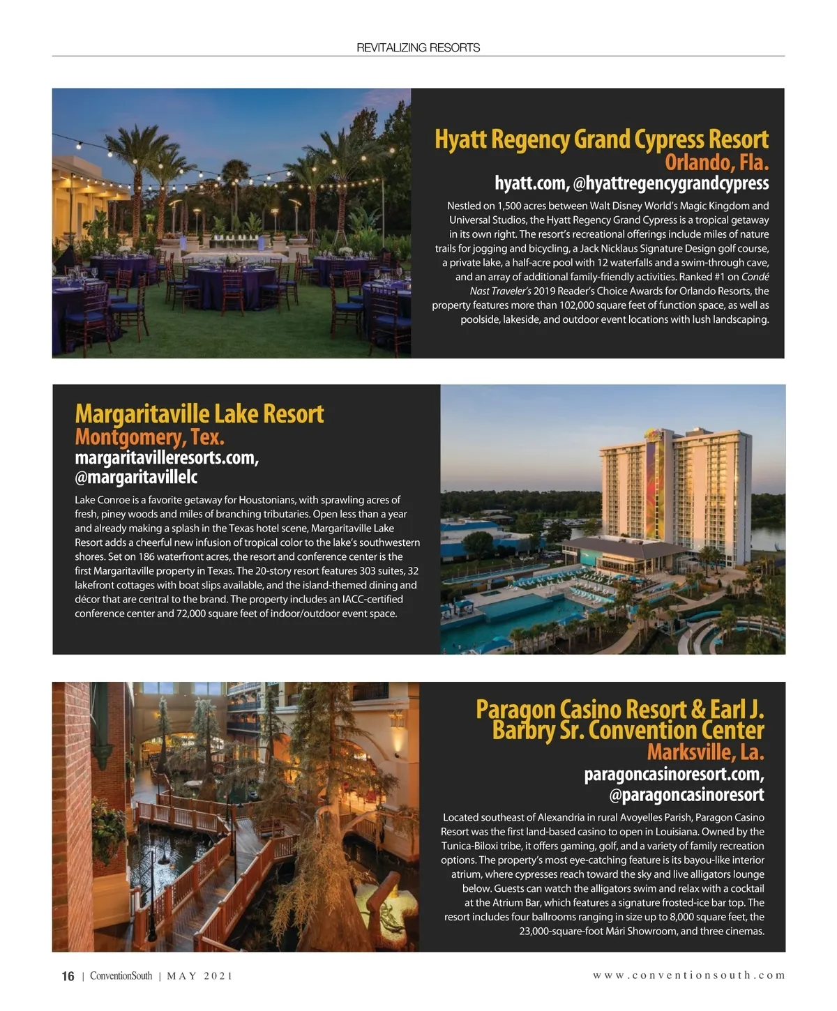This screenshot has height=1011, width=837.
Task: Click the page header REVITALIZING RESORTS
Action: [418, 47]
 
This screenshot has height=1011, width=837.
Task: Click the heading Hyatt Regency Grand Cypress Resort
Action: [601, 139]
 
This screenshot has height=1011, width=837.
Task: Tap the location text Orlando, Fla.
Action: [716, 162]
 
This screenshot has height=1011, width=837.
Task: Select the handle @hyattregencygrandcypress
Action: [670, 183]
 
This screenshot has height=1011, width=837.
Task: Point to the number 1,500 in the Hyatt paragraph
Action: [511, 206]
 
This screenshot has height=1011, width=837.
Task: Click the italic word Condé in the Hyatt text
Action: [755, 277]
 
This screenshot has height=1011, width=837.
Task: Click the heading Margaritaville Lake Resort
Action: [199, 413]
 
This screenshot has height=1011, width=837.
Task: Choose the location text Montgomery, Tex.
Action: [149, 437]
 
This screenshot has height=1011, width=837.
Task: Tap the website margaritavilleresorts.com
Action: [167, 458]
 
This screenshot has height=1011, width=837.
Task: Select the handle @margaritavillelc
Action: [136, 478]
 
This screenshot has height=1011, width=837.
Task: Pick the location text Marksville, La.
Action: [705, 752]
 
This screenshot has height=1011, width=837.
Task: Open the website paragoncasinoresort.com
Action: [674, 774]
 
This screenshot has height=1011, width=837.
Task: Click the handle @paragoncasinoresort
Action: [686, 795]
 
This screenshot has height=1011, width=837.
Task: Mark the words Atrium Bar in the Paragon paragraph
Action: [513, 902]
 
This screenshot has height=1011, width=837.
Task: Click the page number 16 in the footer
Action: [68, 976]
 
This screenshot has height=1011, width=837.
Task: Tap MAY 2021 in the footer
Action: [199, 976]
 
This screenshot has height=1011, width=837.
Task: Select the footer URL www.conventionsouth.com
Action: [688, 975]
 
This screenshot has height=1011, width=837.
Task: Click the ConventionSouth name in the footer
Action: [121, 976]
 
